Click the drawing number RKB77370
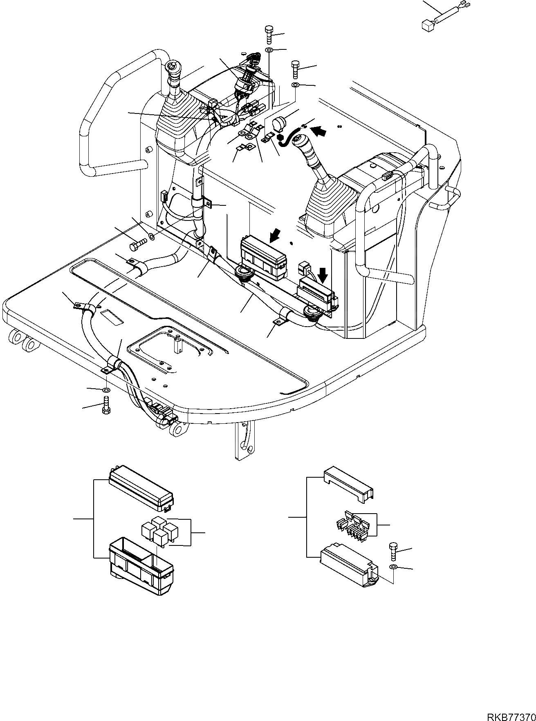pyautogui.click(x=511, y=717)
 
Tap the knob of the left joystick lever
pyautogui.click(x=173, y=66)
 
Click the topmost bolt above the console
pyautogui.click(x=269, y=34)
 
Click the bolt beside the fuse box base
pyautogui.click(x=393, y=551)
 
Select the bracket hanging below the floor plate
pyautogui.click(x=244, y=441)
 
